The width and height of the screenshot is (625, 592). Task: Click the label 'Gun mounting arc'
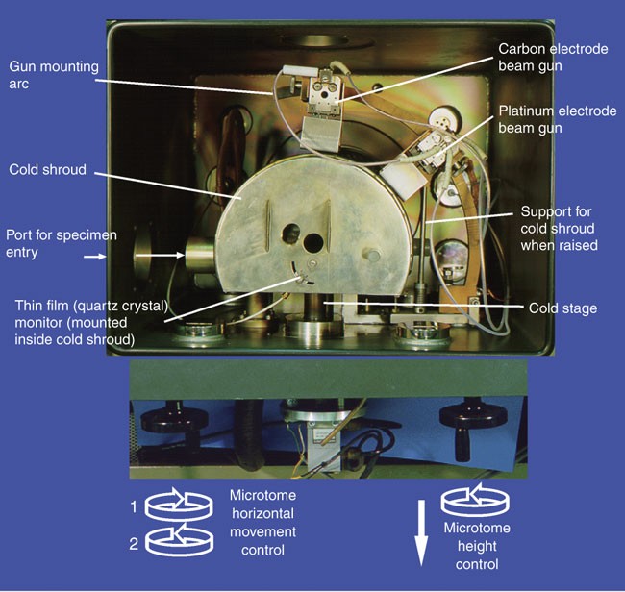[x=54, y=75]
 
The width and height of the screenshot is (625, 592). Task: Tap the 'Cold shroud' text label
[x=47, y=170]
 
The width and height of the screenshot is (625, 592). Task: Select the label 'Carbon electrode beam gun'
[x=553, y=57]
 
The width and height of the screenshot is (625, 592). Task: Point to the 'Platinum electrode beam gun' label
[x=558, y=119]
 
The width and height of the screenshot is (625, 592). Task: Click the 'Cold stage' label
[x=562, y=308]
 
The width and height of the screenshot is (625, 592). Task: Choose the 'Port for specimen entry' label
[x=62, y=243]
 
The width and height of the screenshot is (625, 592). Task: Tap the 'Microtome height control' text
[x=477, y=546]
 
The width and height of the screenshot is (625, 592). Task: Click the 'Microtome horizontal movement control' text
[x=263, y=523]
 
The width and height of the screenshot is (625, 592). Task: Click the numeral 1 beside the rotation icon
[x=134, y=506]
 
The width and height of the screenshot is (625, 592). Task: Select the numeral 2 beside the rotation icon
[x=134, y=543]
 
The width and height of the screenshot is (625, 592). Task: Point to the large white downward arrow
[x=421, y=533]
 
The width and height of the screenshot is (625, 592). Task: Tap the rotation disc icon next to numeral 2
[x=179, y=540]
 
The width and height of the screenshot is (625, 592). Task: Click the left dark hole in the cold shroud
[x=291, y=234]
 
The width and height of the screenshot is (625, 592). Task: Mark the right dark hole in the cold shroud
[x=313, y=242]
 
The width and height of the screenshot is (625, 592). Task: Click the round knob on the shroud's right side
[x=372, y=255]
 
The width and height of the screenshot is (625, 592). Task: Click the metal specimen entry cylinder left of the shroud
[x=200, y=255]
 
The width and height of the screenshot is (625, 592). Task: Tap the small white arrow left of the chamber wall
[x=95, y=257]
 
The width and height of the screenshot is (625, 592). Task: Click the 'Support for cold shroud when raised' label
[x=559, y=229]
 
